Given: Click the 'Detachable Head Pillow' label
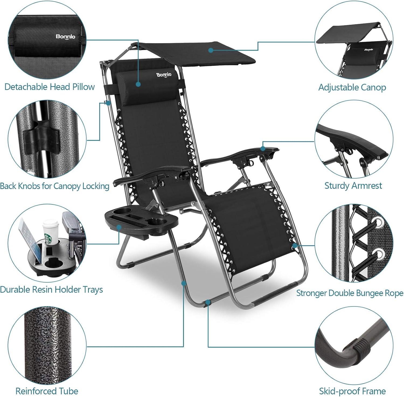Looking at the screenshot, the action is [x=50, y=87].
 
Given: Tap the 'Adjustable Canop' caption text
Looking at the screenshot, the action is [x=352, y=87].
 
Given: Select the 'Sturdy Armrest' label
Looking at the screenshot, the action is [x=353, y=186].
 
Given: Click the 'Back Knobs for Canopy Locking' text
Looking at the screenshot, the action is [x=54, y=186].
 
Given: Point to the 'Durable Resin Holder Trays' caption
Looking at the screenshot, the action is [x=51, y=289].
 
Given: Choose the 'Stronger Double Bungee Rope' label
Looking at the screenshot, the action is [x=350, y=293].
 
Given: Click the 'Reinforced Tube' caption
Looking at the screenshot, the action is [x=47, y=391].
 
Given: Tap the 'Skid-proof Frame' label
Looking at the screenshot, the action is [x=352, y=391].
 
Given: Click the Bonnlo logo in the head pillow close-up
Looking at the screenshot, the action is [x=65, y=36].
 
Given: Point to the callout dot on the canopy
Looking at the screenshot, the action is [x=211, y=50].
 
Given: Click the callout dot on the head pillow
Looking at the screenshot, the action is [x=138, y=84].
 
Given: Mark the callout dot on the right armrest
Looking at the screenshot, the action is [x=263, y=148].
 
